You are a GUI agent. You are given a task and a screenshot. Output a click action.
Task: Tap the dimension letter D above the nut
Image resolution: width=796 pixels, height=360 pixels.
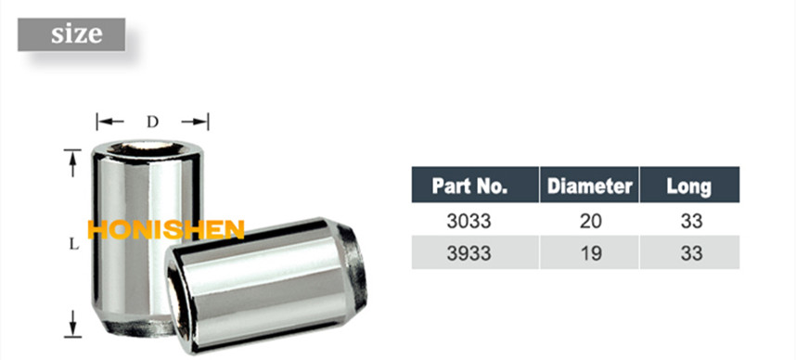153,122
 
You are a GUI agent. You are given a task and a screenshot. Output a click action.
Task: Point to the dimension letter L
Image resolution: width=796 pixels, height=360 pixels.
72,245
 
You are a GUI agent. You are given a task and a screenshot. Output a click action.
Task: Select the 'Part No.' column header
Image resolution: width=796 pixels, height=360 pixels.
470,186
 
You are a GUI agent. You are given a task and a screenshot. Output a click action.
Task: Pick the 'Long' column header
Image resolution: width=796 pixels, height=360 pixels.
688,186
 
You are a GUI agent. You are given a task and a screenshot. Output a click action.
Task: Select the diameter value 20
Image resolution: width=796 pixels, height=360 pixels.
591,222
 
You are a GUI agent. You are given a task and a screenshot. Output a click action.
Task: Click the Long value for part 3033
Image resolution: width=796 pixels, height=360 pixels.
689,222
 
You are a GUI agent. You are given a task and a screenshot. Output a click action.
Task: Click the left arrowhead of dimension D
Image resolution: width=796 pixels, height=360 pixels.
105,122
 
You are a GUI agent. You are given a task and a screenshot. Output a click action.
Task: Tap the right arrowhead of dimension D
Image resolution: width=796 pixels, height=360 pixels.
201,122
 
